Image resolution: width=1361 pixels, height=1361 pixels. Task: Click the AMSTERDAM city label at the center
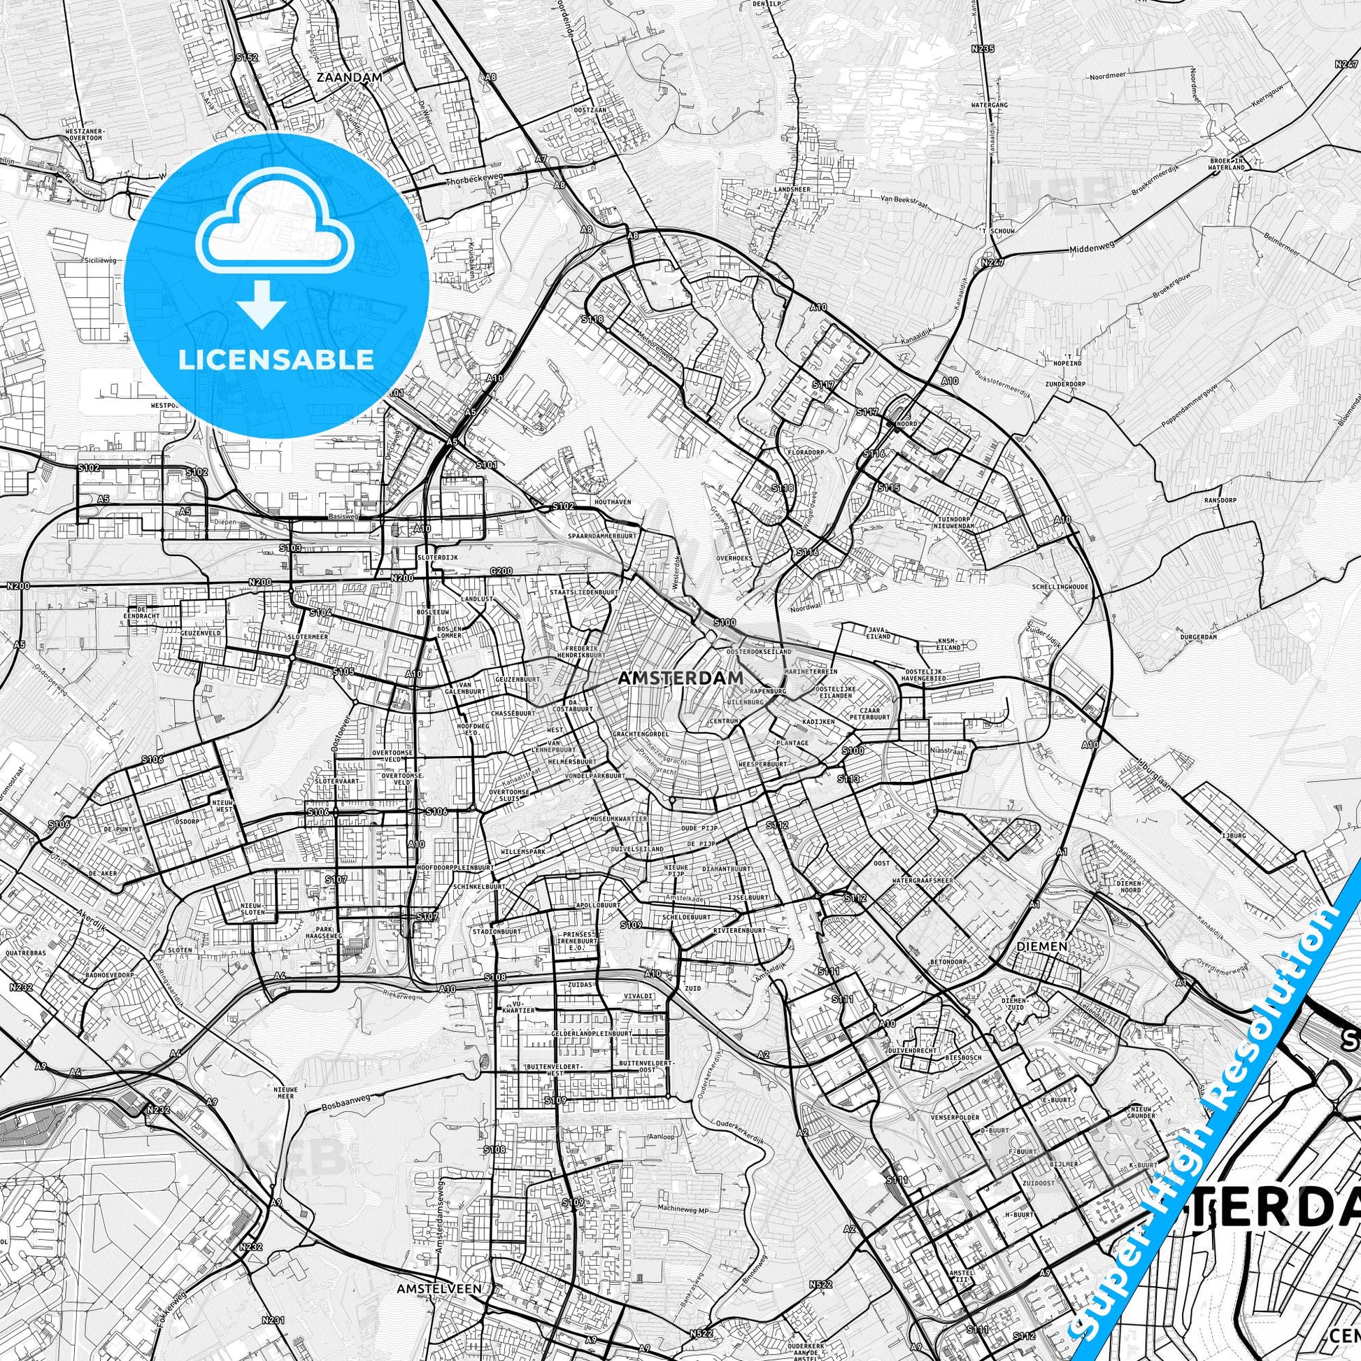coord(680,678)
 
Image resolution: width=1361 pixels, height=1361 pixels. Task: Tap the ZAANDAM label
coord(350,78)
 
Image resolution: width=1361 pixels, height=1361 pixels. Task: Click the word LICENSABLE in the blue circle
coord(276,360)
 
